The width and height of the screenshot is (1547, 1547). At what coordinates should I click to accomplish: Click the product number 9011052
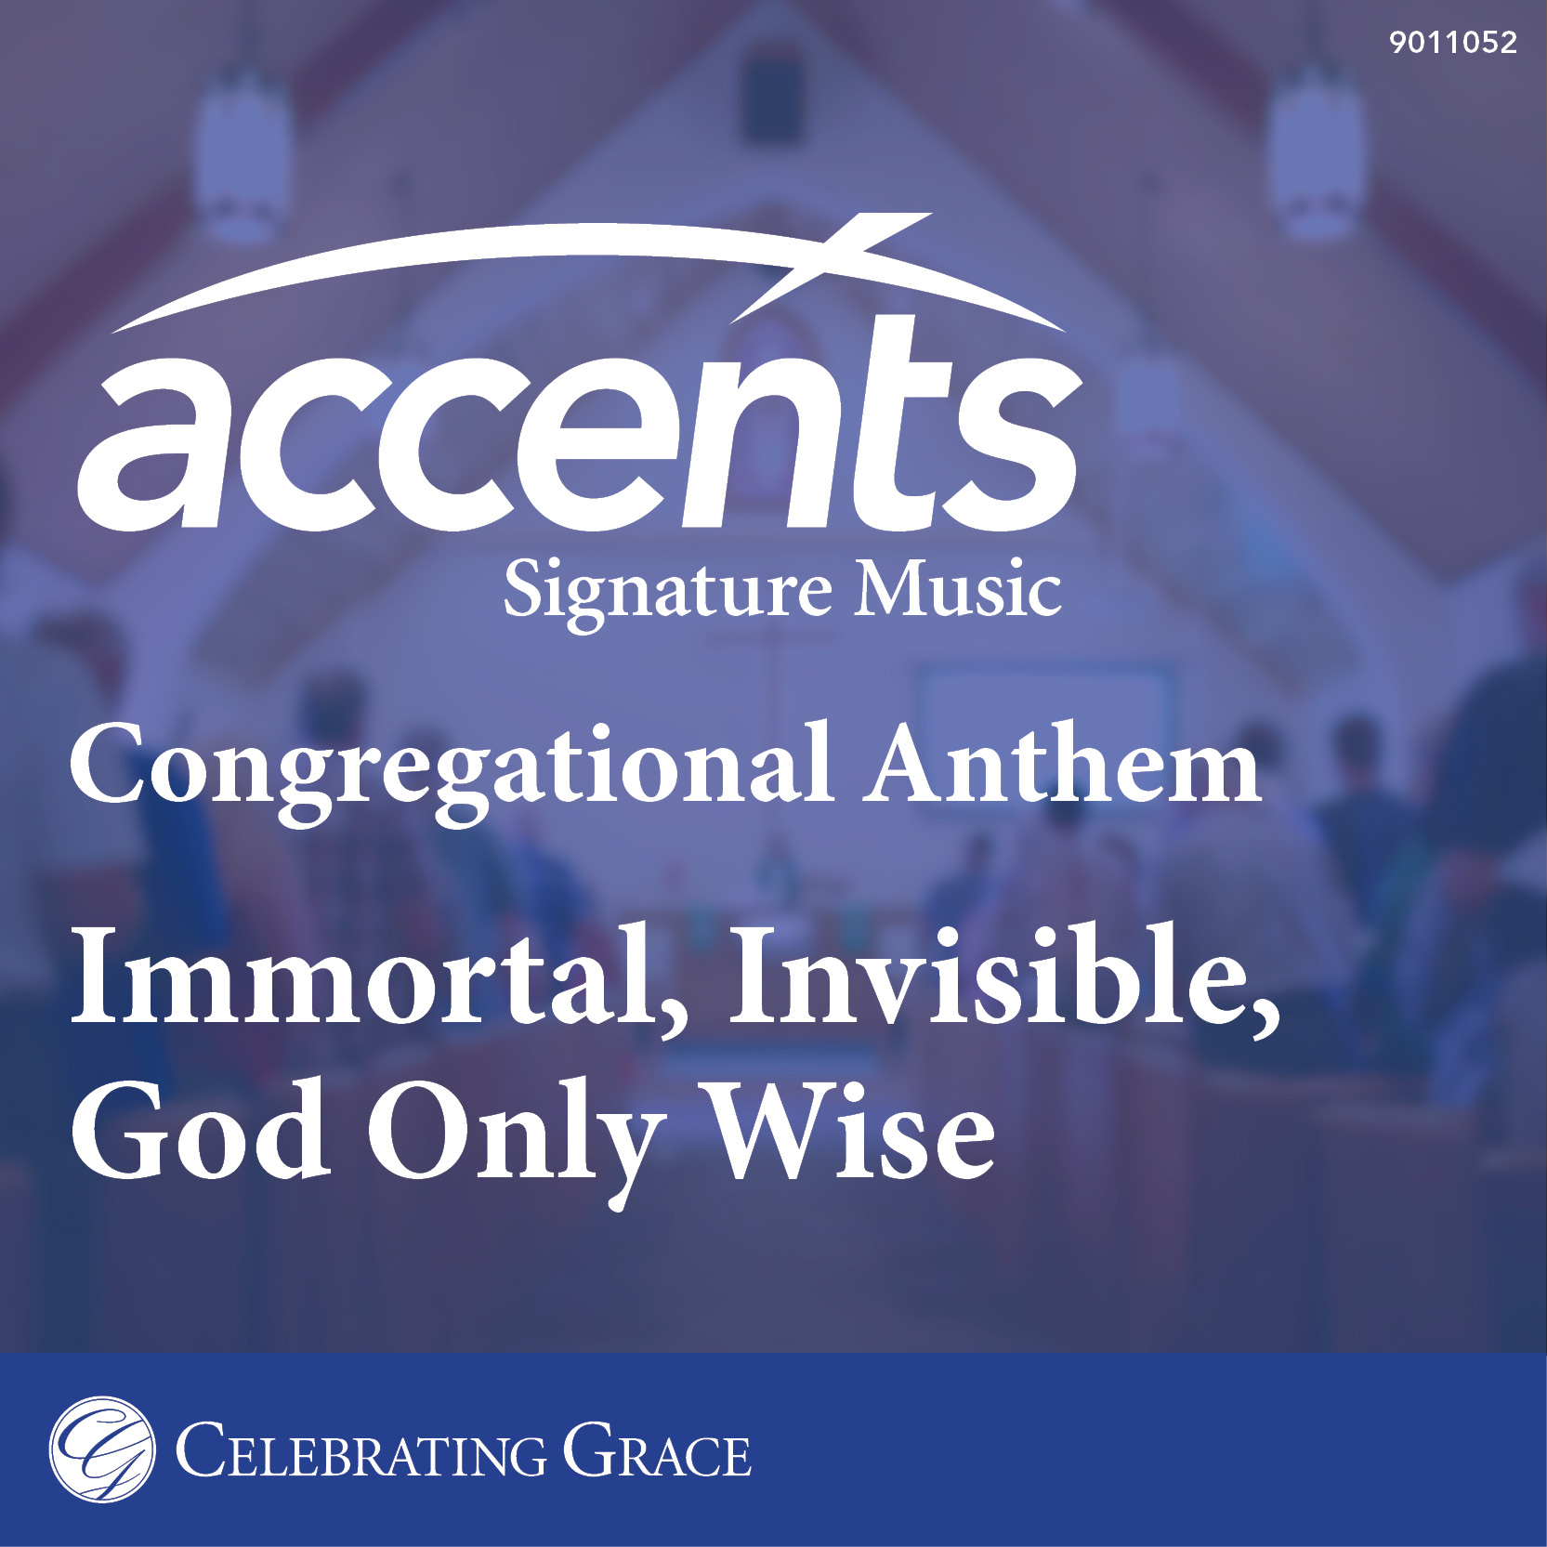(x=1453, y=43)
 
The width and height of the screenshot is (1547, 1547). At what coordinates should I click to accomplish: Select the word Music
(x=958, y=588)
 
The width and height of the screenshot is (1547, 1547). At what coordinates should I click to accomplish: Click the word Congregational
(x=451, y=773)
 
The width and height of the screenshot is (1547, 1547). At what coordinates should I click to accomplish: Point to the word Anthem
(x=1062, y=763)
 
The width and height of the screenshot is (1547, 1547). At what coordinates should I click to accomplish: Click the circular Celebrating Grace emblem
(x=102, y=1449)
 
